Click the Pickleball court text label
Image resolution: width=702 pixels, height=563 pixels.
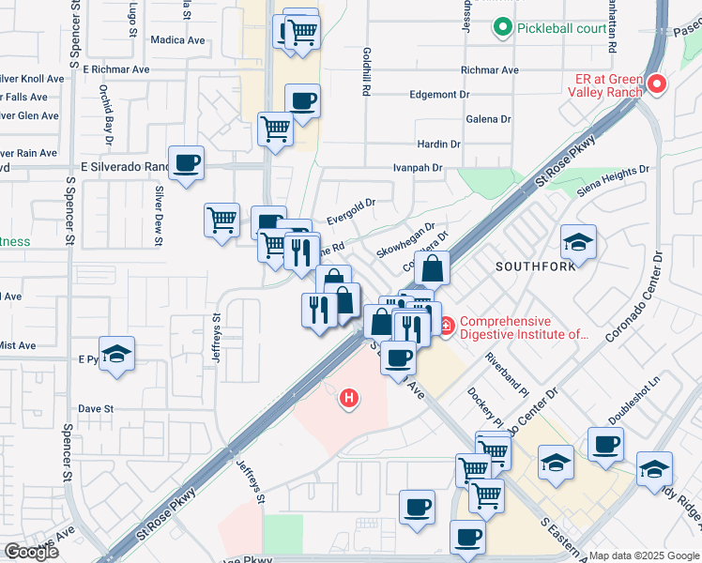point(562,28)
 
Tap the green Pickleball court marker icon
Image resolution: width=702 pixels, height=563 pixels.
point(505,27)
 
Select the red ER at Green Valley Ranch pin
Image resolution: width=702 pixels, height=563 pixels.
point(656,85)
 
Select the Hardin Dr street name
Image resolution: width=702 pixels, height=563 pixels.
point(439,145)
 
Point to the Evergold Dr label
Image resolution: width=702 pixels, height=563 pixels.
point(351,209)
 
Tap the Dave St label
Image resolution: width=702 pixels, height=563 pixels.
point(96,409)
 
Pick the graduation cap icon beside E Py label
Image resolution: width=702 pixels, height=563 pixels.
point(116,353)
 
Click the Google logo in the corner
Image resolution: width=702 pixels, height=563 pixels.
point(30,552)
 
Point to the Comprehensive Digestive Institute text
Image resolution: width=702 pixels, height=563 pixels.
point(524,327)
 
